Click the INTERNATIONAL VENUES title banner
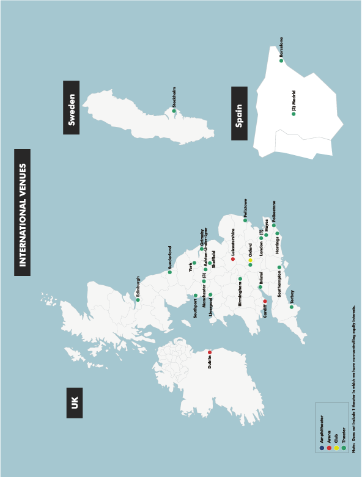coord(23,213)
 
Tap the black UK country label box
coord(73,402)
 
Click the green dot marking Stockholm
coord(174,111)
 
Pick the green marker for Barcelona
coord(282,60)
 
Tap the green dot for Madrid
coord(294,114)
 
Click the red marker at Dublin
coord(210,352)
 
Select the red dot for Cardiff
coord(265,301)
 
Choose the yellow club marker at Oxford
coord(250,260)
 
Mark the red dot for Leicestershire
coord(233,259)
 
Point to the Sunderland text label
coord(170,257)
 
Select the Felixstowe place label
coord(245,208)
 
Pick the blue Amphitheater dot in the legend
coord(322,448)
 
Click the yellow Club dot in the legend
coord(336,448)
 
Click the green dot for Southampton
coord(279,268)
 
